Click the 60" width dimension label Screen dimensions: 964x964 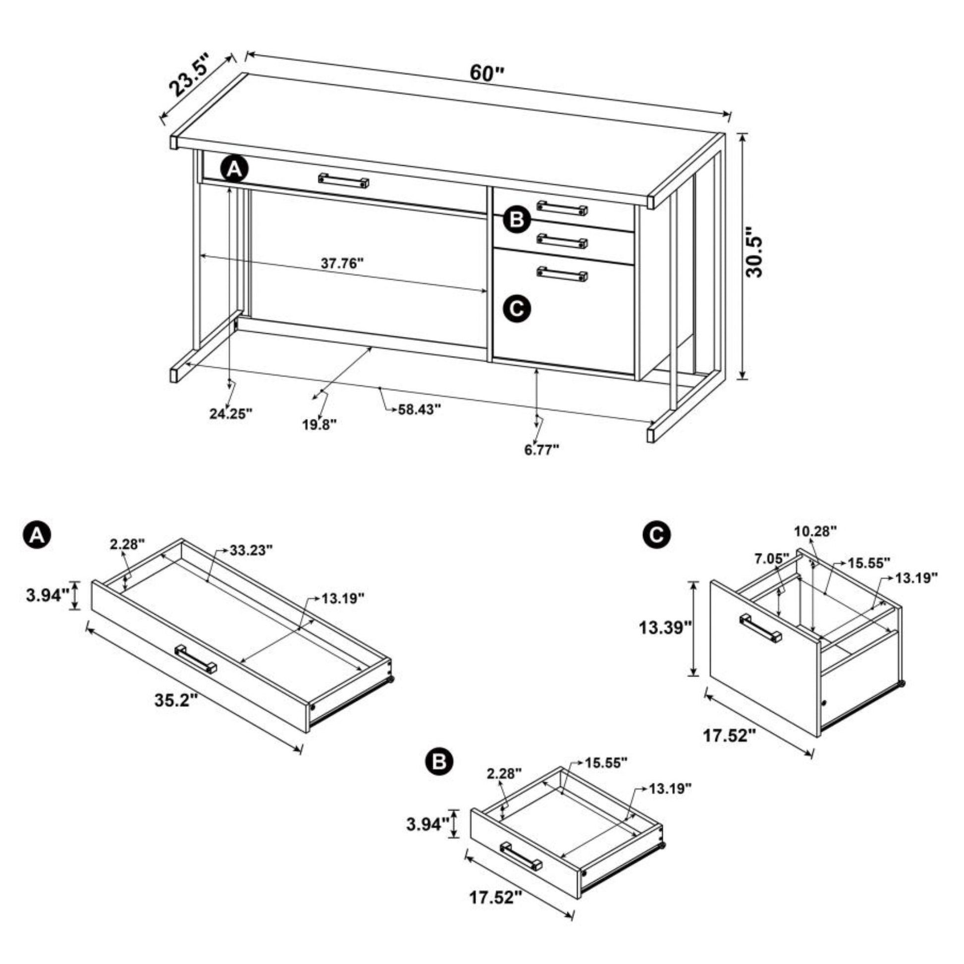pyautogui.click(x=487, y=73)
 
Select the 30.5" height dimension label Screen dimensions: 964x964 pyautogui.click(x=753, y=253)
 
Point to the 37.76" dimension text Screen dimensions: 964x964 pyautogui.click(x=342, y=263)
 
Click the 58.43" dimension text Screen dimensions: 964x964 pyautogui.click(x=420, y=410)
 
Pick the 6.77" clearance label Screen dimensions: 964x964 pyautogui.click(x=542, y=450)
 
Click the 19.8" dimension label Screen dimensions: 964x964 pyautogui.click(x=320, y=425)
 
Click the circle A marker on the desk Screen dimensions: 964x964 pyautogui.click(x=235, y=170)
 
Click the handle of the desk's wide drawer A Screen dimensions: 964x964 pyautogui.click(x=344, y=181)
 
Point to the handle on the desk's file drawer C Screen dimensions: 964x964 pyautogui.click(x=562, y=274)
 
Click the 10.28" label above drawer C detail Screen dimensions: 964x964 pyautogui.click(x=815, y=532)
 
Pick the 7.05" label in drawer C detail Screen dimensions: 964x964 pyautogui.click(x=771, y=558)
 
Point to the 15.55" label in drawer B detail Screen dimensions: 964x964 pyautogui.click(x=606, y=776)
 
